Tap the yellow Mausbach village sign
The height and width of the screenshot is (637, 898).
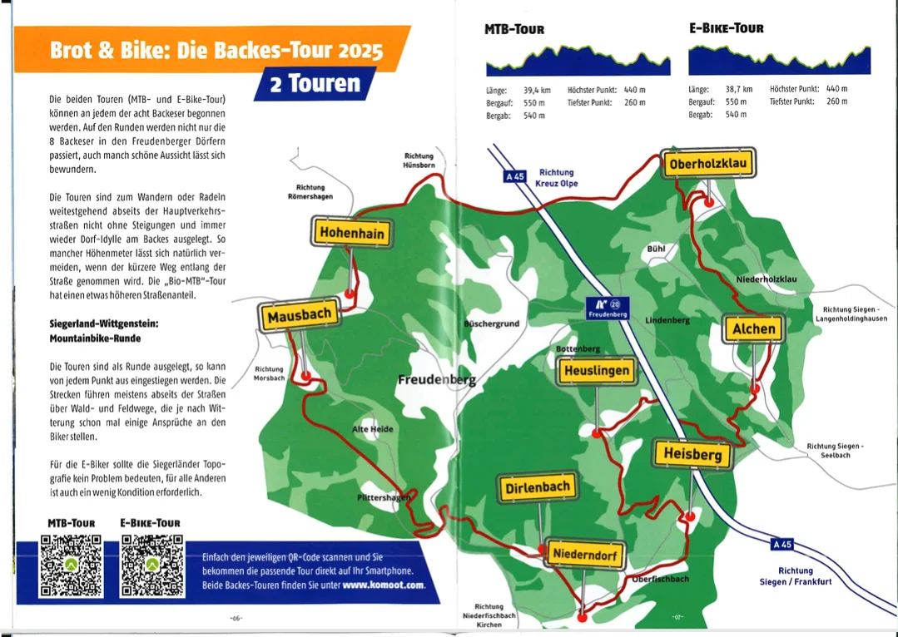(x=300, y=315)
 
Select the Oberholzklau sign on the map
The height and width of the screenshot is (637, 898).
(x=709, y=164)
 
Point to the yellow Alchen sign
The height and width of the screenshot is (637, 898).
(x=753, y=328)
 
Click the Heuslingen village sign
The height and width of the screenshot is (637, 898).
(x=596, y=371)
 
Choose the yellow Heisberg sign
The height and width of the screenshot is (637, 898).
(x=692, y=454)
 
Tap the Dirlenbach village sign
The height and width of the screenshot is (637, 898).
(x=537, y=488)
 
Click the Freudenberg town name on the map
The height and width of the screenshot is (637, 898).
(x=436, y=380)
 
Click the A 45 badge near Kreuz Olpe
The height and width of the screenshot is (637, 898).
(x=515, y=176)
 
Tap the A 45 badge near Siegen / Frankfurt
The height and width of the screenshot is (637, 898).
(x=782, y=545)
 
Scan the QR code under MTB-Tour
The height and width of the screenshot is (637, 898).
(x=71, y=565)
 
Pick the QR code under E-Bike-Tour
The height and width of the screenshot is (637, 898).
(x=152, y=565)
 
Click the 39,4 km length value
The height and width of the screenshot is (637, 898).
(x=537, y=90)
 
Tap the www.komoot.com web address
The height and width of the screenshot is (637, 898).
(x=383, y=585)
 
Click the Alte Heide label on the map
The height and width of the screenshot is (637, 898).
(x=373, y=429)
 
